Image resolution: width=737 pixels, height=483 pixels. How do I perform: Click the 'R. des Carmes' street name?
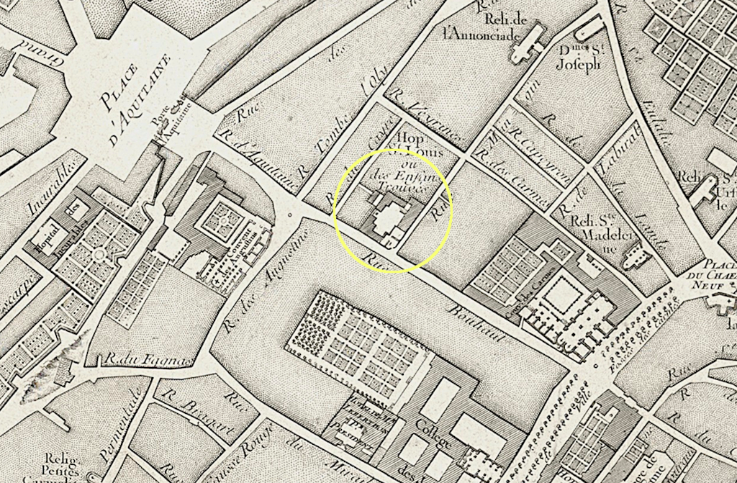point(517,176)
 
